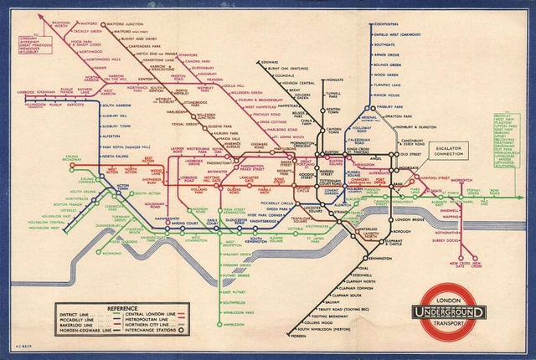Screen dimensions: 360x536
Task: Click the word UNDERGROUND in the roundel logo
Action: click(454, 313)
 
